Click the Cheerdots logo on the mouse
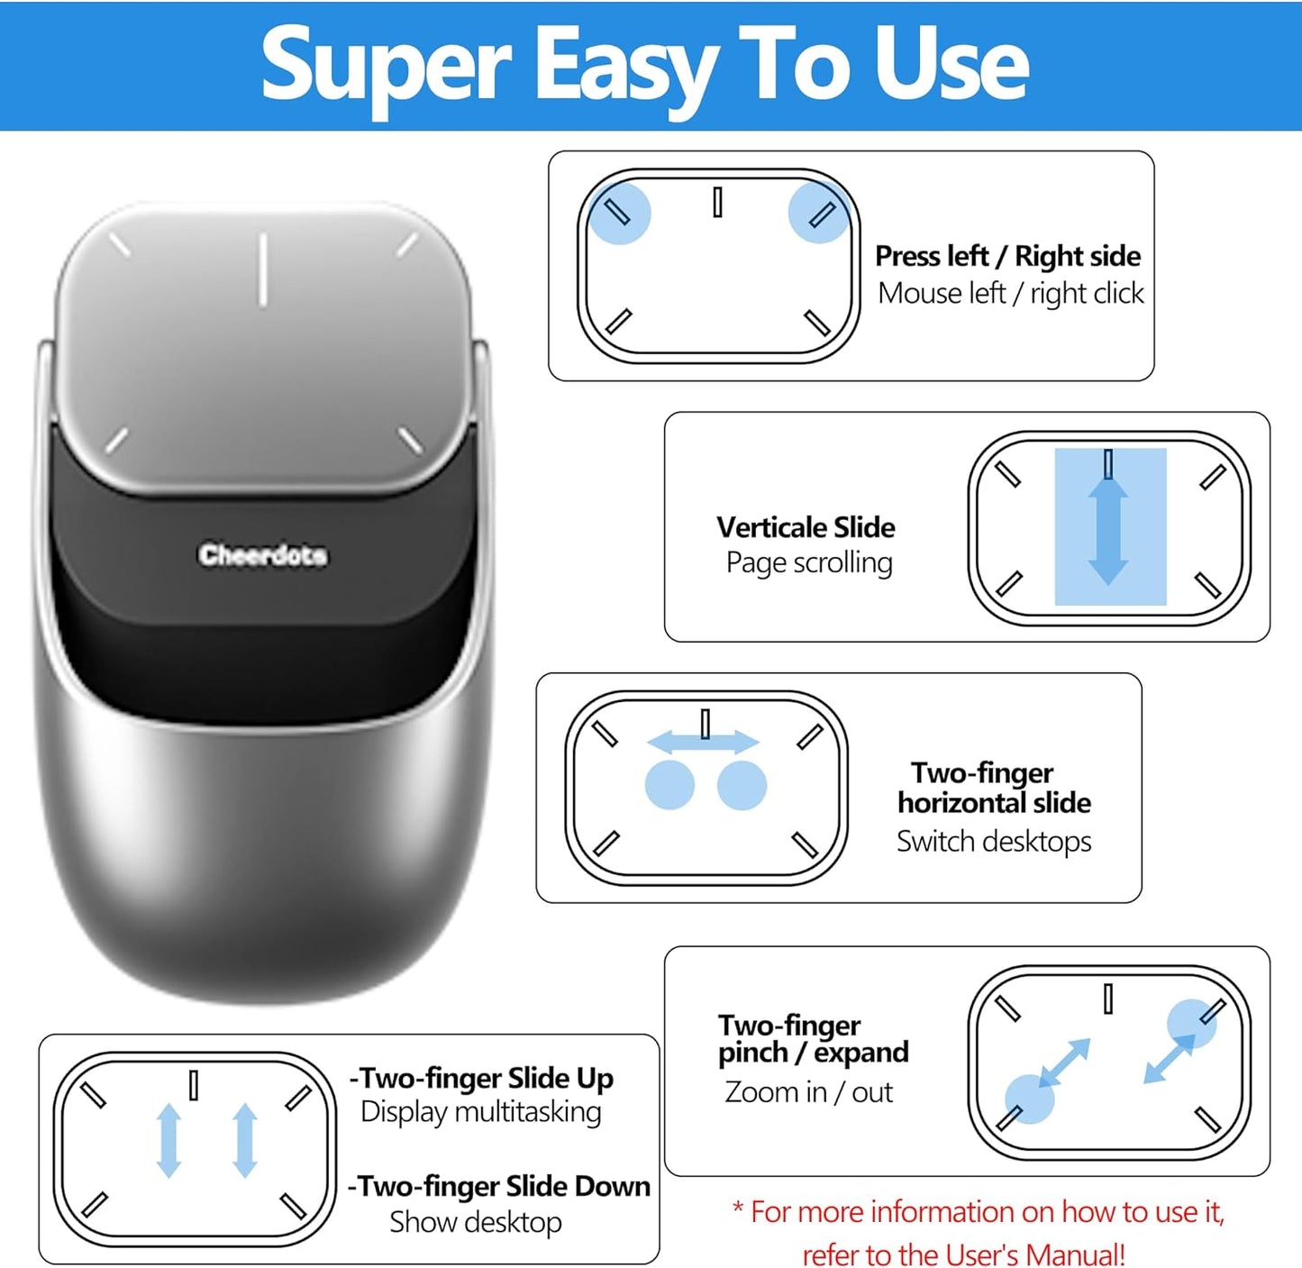[263, 554]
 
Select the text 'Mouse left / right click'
[1010, 294]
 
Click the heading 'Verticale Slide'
[806, 527]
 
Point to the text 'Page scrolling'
[809, 563]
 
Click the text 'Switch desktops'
[993, 842]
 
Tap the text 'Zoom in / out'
[808, 1092]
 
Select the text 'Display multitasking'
[480, 1112]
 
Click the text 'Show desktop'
[475, 1222]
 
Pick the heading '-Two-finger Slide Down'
[499, 1186]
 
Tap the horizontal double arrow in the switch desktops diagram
[704, 742]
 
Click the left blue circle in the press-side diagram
[619, 214]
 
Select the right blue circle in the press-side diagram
[818, 214]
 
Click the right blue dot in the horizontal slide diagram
[742, 785]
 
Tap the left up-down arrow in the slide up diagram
[169, 1140]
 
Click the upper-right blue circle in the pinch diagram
[1191, 1023]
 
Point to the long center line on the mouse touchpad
[263, 269]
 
